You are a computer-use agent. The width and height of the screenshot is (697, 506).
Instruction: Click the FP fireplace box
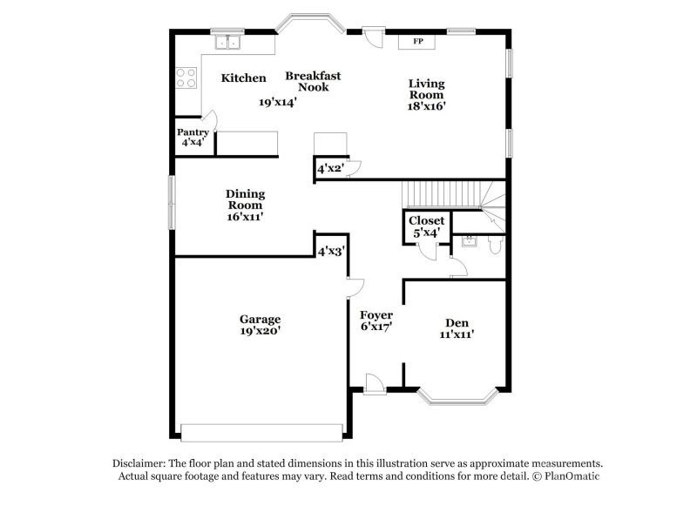coord(416,42)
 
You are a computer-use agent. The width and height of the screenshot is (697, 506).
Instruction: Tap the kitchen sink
coord(227,42)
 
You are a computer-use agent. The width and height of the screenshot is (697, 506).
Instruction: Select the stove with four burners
coord(186,78)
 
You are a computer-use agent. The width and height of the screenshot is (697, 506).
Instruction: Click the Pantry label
coord(193,132)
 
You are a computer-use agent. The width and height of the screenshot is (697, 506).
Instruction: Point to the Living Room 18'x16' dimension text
coord(426,106)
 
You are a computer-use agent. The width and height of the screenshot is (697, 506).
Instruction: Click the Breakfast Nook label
coord(313,81)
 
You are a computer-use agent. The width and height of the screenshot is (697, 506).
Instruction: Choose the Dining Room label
coord(245,199)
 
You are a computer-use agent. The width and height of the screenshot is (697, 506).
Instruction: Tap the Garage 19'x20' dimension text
coord(260,331)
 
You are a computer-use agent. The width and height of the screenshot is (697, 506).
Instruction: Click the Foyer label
coord(376,315)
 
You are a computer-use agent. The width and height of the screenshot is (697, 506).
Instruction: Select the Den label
coord(457,323)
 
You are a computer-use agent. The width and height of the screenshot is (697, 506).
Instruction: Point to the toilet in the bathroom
coord(495,245)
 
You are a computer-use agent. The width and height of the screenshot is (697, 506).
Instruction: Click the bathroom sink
coord(469,241)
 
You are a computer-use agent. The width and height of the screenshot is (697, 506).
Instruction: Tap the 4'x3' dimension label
coord(331,252)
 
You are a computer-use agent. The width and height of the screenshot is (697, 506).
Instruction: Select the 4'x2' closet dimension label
coord(331,169)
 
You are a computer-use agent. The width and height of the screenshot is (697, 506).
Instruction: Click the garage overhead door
coord(262,433)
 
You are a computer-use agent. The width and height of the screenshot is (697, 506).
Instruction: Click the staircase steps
coord(441,194)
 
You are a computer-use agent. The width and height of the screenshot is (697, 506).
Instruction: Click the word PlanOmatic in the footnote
coord(572,476)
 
